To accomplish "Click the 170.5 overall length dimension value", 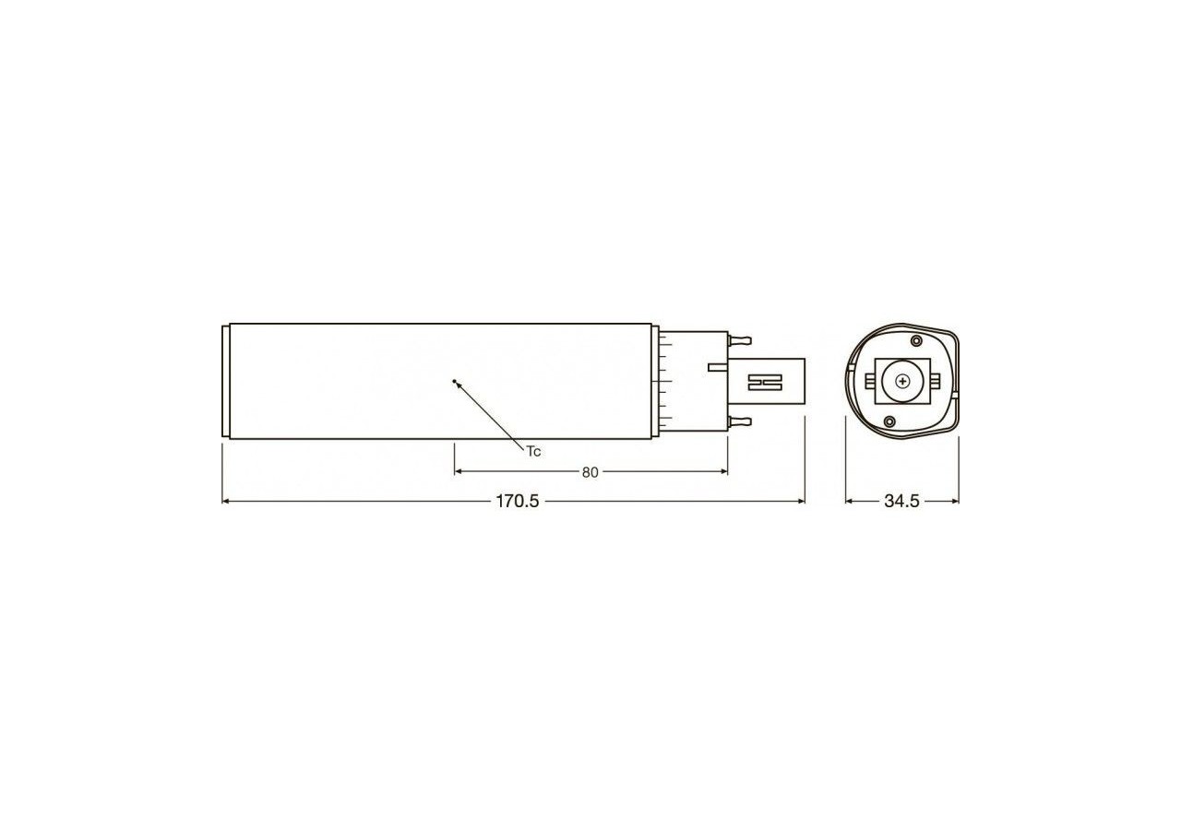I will tap(517, 502).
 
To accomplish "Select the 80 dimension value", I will tap(590, 472).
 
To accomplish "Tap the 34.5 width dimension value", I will tap(901, 502).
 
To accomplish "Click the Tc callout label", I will tap(533, 451).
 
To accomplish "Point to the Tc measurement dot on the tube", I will tap(455, 380).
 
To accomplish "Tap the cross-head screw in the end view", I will tap(901, 380).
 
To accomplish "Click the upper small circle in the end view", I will tap(917, 341).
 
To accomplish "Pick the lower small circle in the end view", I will tap(889, 421).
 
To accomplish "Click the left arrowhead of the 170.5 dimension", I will tap(227, 502).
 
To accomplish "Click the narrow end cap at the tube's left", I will tap(226, 381).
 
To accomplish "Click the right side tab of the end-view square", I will tap(933, 380).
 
